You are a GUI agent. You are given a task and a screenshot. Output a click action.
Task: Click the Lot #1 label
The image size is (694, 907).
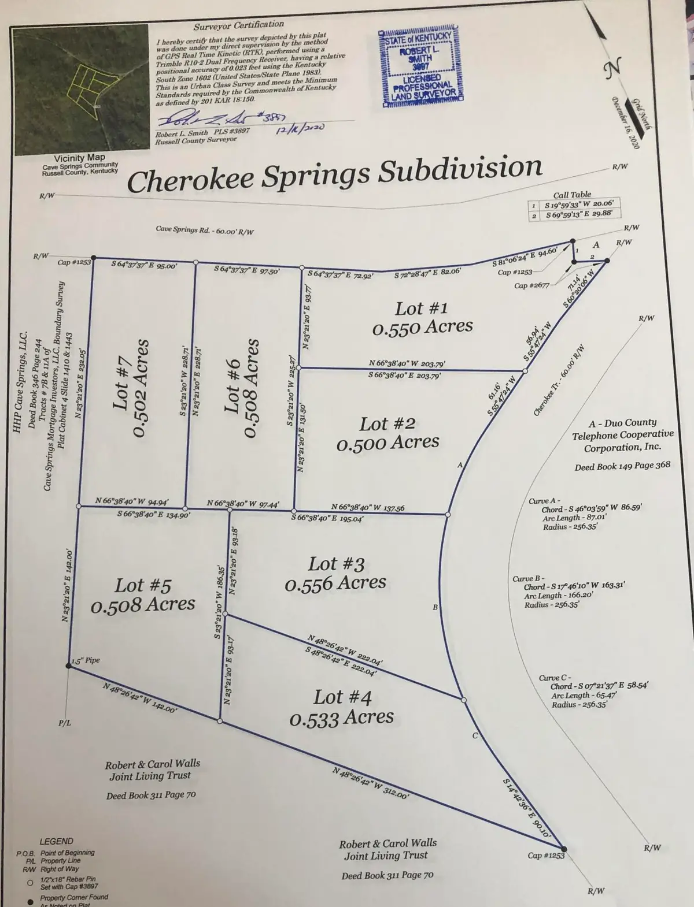(421, 308)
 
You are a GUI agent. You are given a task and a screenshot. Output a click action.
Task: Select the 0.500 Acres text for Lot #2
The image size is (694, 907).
(387, 443)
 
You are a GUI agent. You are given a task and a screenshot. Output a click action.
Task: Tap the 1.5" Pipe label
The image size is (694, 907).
(87, 661)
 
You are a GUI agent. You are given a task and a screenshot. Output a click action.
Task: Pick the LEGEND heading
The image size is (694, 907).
(56, 841)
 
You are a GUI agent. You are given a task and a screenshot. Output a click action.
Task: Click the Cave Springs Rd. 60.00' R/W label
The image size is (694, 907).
(205, 230)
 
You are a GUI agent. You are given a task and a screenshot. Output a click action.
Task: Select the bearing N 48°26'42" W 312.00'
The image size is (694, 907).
(371, 782)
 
